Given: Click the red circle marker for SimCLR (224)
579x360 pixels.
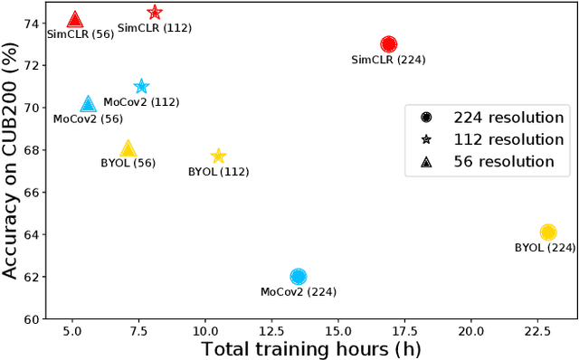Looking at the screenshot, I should (x=389, y=44).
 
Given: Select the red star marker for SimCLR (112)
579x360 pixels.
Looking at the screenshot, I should (x=155, y=13).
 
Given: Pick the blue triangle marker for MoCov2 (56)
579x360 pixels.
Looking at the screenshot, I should (x=88, y=105).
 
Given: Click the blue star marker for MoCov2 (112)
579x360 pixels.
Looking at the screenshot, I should (x=141, y=87).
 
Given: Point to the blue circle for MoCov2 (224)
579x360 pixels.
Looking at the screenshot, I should (x=299, y=277).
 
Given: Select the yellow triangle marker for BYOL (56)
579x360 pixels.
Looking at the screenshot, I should (x=128, y=149).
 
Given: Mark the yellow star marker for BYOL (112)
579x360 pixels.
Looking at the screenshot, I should (x=218, y=156).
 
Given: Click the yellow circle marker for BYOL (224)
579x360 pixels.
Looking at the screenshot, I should (x=547, y=233).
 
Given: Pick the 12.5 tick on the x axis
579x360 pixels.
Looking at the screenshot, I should (x=271, y=331).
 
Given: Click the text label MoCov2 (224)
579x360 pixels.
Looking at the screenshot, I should (x=297, y=292).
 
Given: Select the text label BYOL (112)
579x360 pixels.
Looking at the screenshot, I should (x=218, y=171).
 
